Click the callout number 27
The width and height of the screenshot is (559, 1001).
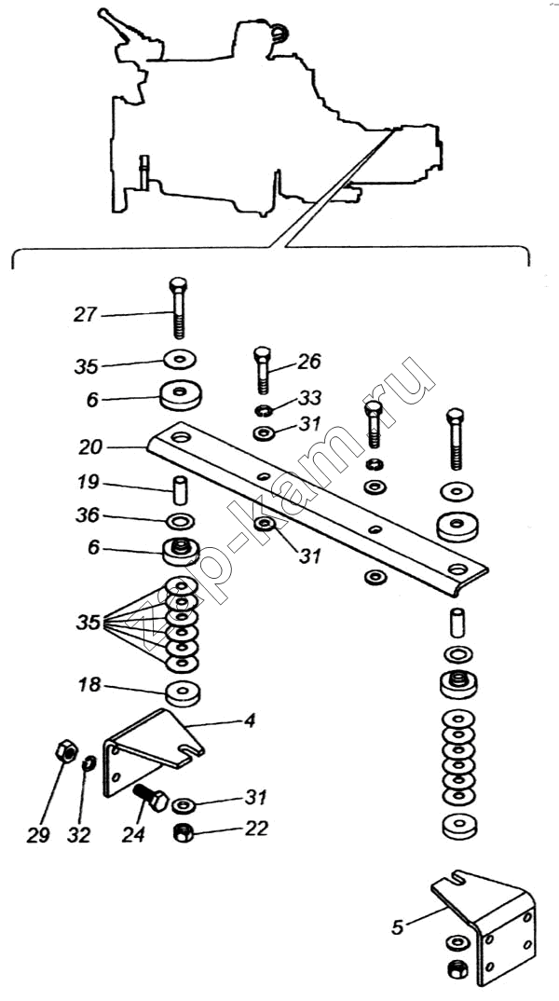pyautogui.click(x=85, y=315)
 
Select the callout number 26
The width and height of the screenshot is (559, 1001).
pyautogui.click(x=309, y=362)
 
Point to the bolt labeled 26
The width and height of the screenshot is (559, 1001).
pyautogui.click(x=262, y=370)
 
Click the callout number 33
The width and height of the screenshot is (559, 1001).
pyautogui.click(x=308, y=399)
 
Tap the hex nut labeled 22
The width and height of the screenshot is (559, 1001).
pyautogui.click(x=184, y=831)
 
